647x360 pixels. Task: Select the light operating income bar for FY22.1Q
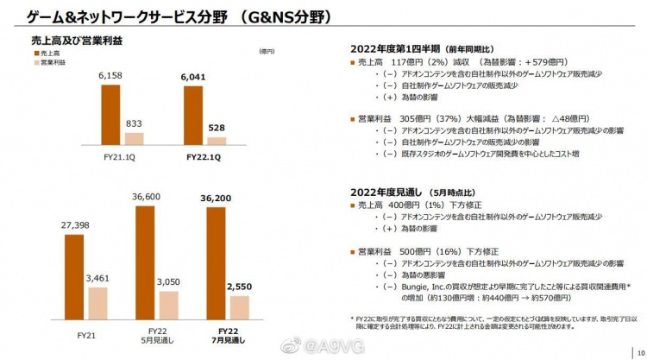tap(217, 140)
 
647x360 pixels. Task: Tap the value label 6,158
tap(112, 79)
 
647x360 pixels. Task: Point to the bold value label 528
tap(217, 128)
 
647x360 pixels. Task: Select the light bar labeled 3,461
tap(97, 305)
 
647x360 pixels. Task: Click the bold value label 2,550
tap(239, 287)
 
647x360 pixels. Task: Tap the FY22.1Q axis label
tap(204, 157)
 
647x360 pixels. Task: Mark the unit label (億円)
tap(267, 52)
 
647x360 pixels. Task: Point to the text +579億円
tap(531, 63)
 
